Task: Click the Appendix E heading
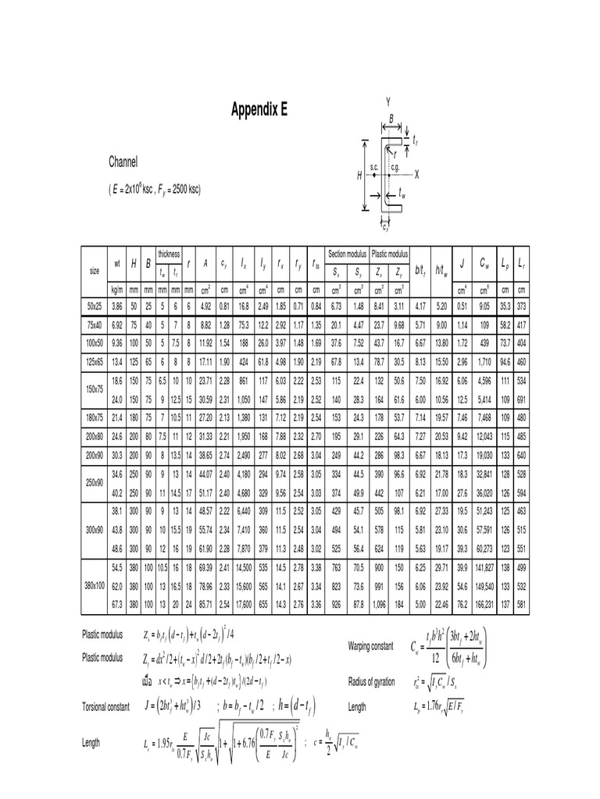[x=259, y=110]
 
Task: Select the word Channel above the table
[x=123, y=163]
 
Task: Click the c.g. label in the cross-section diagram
[x=395, y=167]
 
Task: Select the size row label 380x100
[x=95, y=583]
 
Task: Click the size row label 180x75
[x=95, y=417]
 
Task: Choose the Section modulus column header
[x=347, y=254]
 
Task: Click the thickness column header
[x=169, y=254]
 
